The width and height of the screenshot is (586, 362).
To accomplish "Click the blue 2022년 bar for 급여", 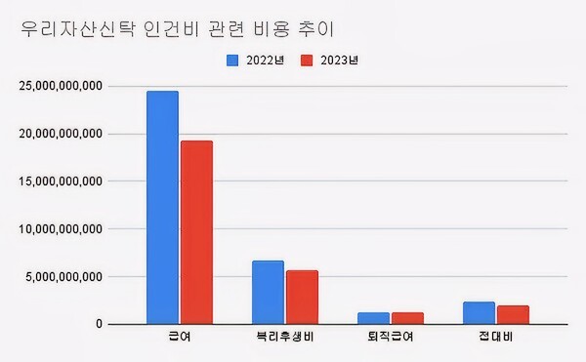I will pos(162,207).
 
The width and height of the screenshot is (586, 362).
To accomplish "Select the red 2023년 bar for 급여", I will pos(196,232).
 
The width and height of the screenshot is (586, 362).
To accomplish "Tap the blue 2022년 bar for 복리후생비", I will pos(268,292).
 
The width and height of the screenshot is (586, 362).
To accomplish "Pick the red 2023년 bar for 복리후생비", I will pos(302,297).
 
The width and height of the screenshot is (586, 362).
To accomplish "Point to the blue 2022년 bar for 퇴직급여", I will pos(373,318).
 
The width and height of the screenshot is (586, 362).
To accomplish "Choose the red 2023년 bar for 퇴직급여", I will pos(407,318).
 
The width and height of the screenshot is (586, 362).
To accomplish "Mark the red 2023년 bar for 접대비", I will pos(513,314).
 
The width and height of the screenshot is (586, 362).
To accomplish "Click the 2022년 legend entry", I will pos(256,60).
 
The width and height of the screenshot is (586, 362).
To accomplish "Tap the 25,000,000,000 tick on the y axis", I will pos(61,86).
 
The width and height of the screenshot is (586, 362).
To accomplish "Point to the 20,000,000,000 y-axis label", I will pos(61,134).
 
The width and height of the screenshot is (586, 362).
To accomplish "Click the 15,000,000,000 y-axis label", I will pos(61,181).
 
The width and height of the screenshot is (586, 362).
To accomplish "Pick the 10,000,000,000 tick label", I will pos(61,229).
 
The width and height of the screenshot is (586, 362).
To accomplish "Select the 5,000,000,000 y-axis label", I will pos(64,276).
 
